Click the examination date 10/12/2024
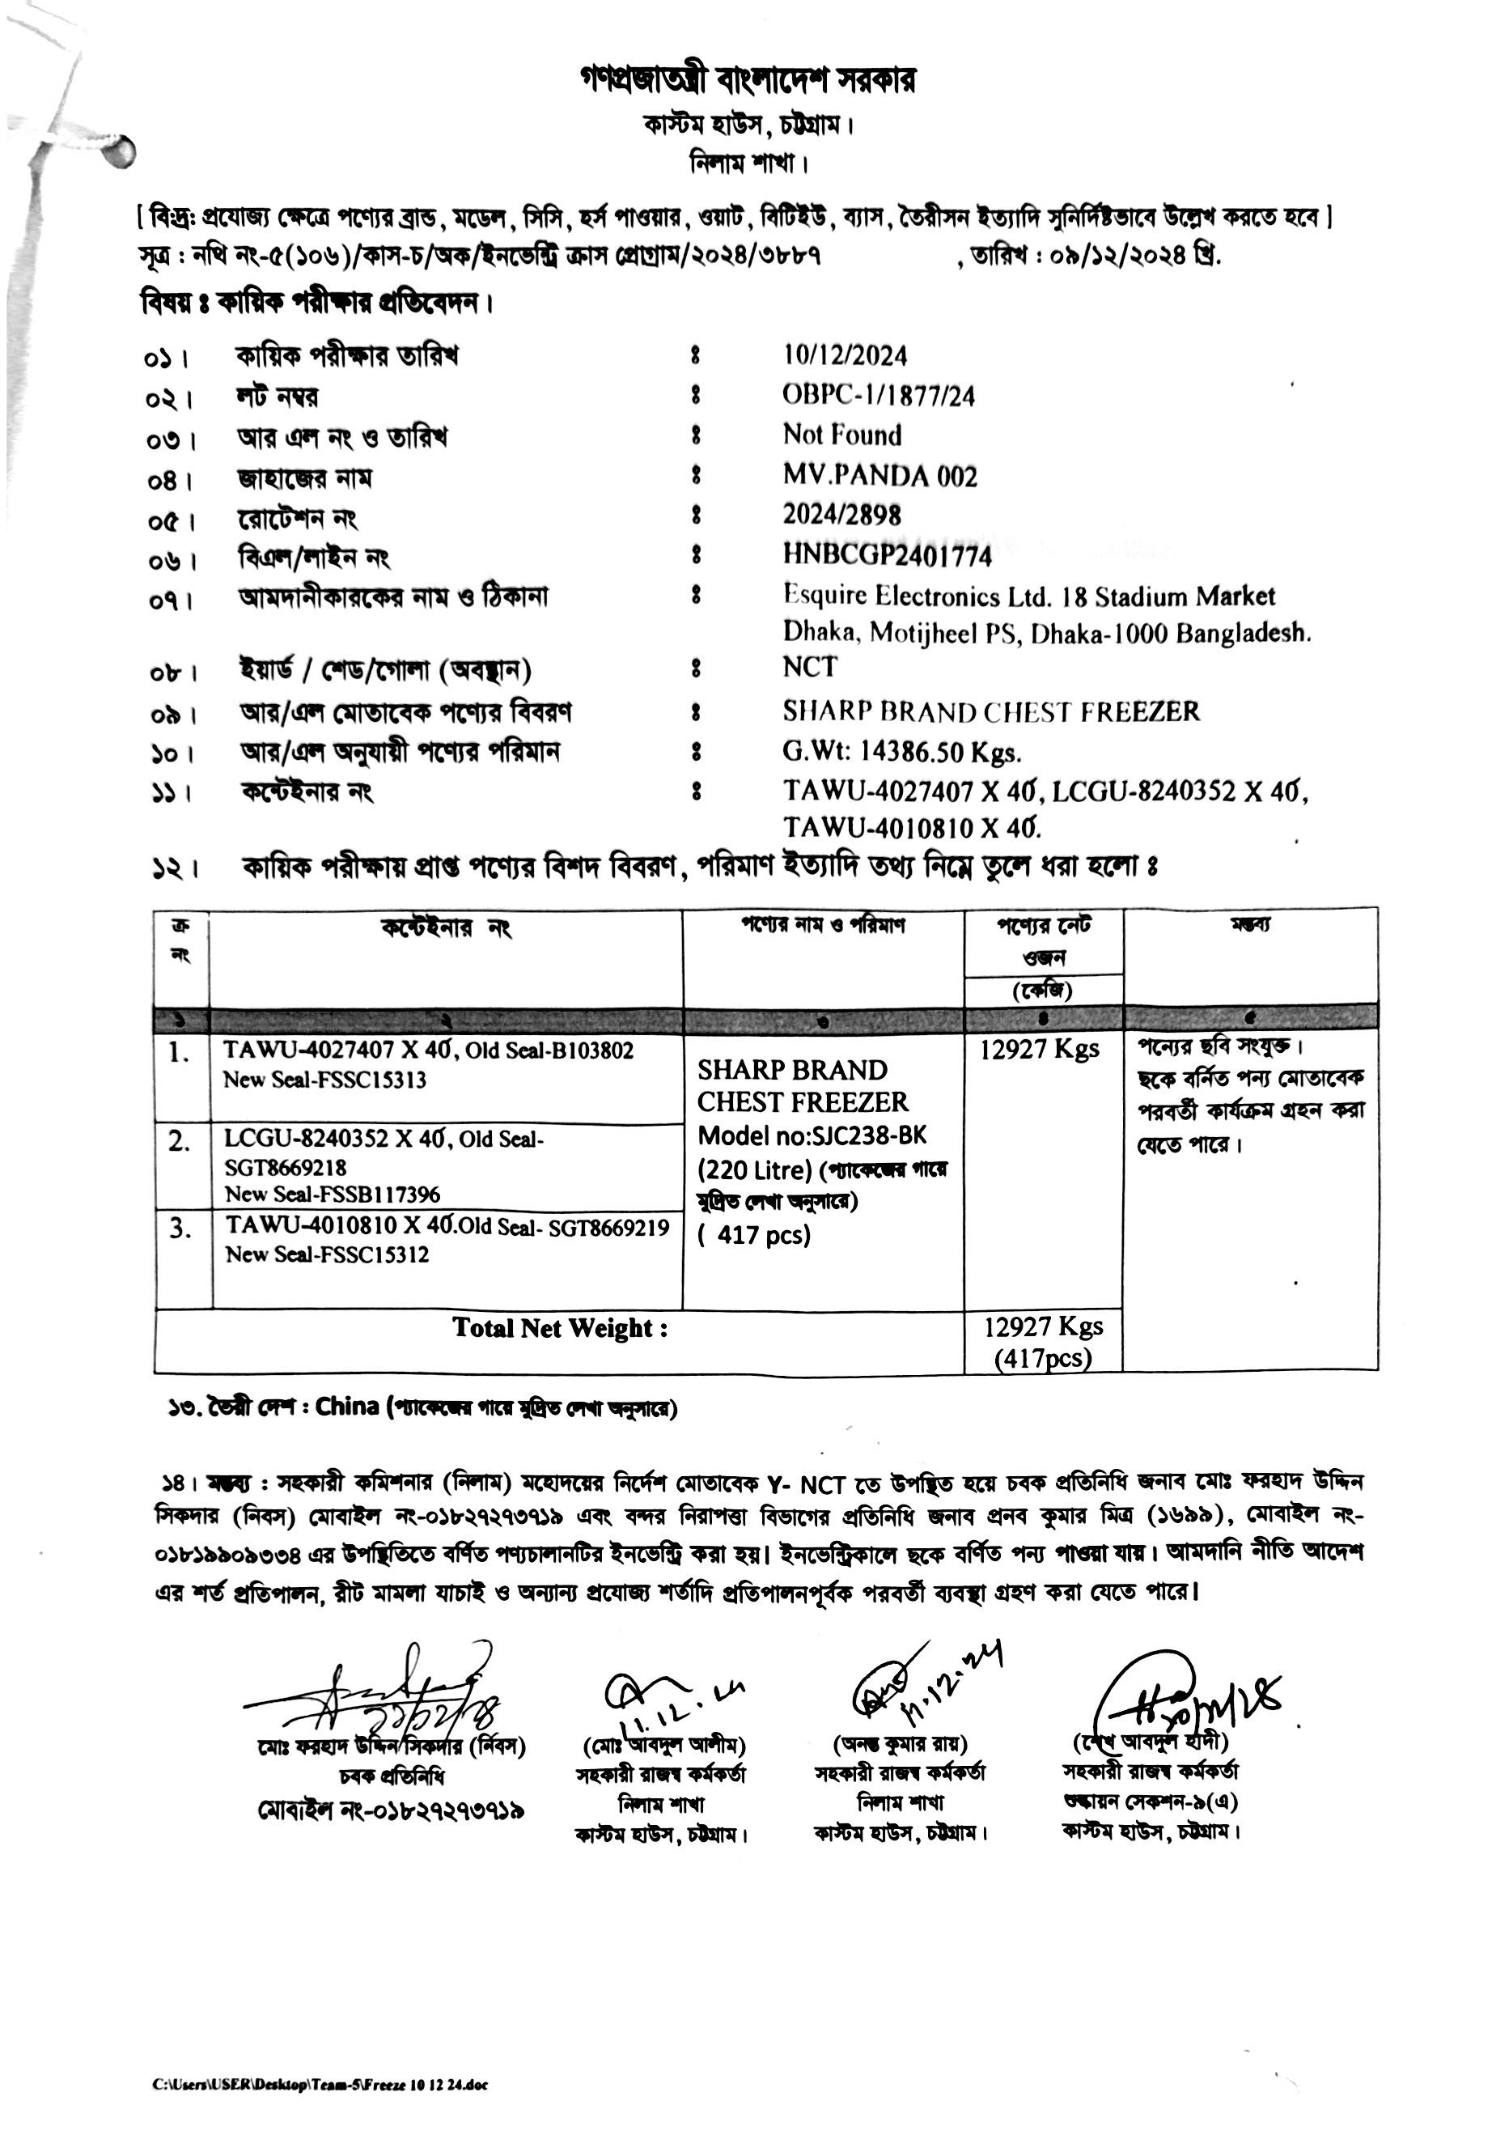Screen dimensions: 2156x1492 (x=845, y=356)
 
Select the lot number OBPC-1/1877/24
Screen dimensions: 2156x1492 (x=878, y=397)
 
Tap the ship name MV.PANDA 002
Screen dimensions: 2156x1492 (x=880, y=477)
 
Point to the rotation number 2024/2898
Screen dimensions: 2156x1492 (x=841, y=516)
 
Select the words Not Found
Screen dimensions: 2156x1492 (x=842, y=435)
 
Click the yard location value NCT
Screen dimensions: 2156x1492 (x=810, y=668)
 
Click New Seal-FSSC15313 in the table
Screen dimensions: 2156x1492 (x=324, y=1080)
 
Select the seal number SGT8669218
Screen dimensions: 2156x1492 (x=285, y=1168)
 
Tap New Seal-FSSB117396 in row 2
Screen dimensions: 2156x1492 (x=332, y=1194)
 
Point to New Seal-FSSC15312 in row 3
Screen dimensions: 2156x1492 (x=327, y=1254)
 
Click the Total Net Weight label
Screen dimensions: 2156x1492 (x=560, y=1329)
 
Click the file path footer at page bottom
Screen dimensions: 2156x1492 (x=320, y=2084)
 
